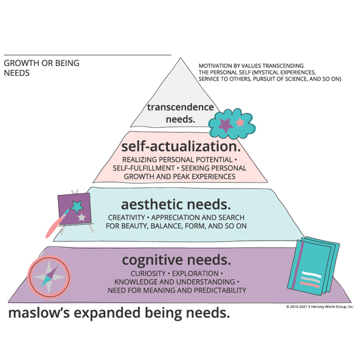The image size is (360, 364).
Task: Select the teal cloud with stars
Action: tap(232, 124)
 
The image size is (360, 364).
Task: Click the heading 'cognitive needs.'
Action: tap(176, 260)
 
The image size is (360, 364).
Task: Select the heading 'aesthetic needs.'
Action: tap(176, 204)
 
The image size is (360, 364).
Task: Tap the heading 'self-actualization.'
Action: tap(181, 147)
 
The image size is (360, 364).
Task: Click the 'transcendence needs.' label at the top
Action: tap(180, 113)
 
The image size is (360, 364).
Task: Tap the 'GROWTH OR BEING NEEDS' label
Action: tap(41, 68)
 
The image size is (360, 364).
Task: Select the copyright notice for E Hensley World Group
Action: tap(320, 306)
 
